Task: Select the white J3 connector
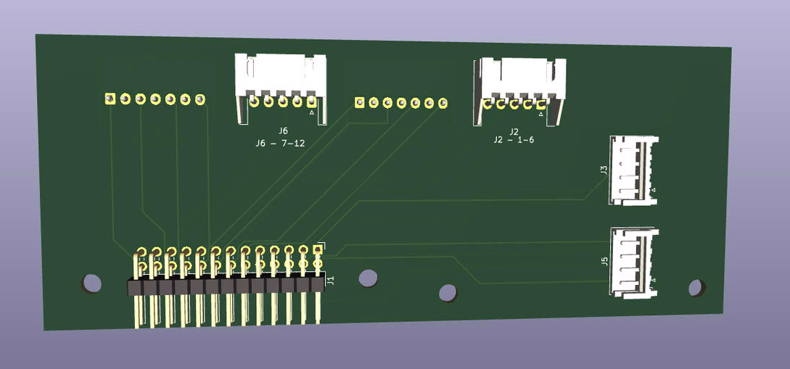(x=633, y=170)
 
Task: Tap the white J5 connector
(x=634, y=262)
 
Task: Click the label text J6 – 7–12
(x=280, y=144)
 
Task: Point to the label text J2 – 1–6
(x=514, y=141)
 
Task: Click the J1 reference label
(x=331, y=281)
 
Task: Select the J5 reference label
(x=604, y=261)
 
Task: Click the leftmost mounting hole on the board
(x=92, y=283)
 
